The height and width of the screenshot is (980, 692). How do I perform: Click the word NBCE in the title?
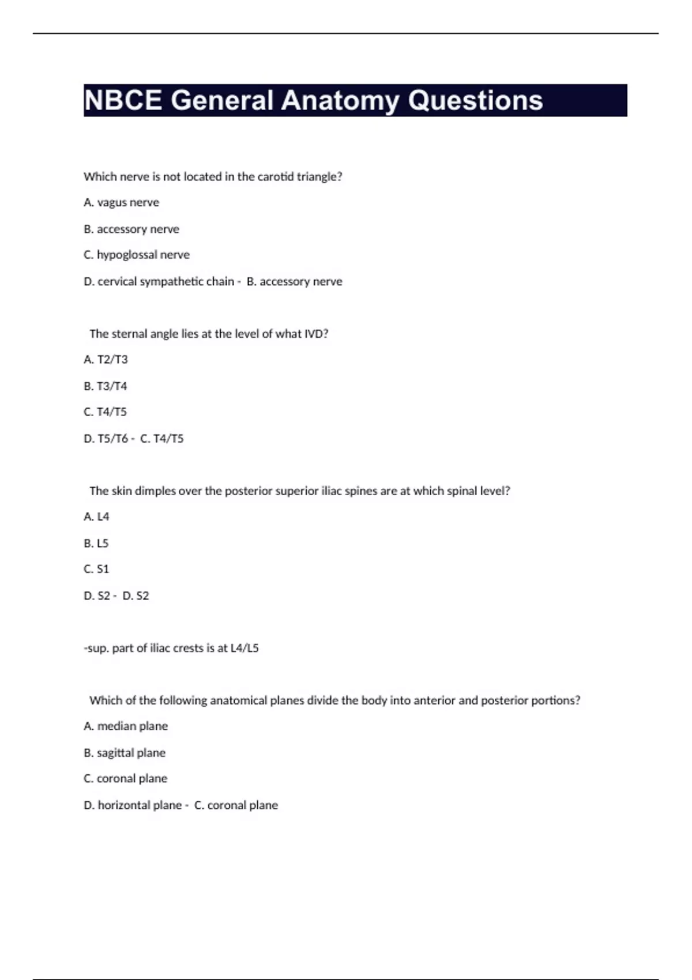(123, 100)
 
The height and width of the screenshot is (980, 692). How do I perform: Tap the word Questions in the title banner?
(475, 100)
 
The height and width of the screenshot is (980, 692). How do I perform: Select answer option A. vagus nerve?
(121, 202)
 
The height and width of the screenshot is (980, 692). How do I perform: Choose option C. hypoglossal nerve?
(137, 255)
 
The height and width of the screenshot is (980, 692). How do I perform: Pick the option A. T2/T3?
(106, 360)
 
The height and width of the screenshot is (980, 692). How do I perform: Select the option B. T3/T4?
(106, 386)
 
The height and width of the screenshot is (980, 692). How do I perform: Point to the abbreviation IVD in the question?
(316, 334)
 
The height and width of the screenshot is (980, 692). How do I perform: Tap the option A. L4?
(96, 517)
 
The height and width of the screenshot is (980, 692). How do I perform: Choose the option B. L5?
(96, 543)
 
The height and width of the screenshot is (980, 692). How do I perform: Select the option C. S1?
(96, 569)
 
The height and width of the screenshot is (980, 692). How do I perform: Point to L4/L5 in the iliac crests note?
(245, 648)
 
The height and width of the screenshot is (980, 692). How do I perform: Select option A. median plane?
(126, 726)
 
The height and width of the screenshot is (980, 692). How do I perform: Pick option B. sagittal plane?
(125, 753)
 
